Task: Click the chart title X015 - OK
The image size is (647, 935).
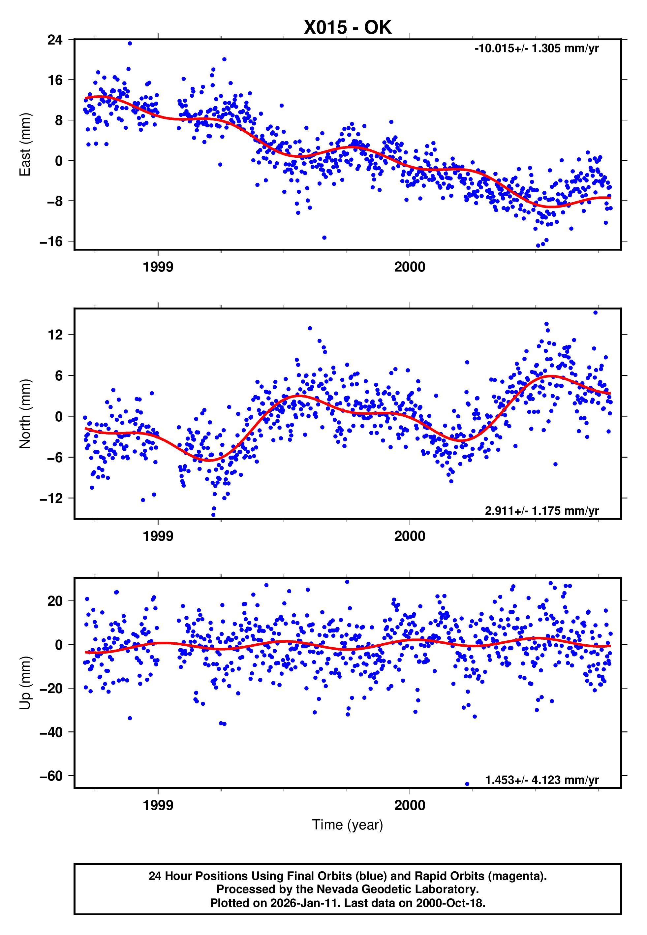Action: [x=348, y=28]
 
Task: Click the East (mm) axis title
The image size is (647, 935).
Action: [x=25, y=145]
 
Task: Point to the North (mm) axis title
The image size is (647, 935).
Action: [x=25, y=414]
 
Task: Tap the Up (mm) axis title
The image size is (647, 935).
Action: [x=25, y=683]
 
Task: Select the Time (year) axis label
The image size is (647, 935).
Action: [x=348, y=825]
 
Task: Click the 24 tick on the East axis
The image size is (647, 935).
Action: [x=55, y=40]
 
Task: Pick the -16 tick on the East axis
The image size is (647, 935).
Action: [x=51, y=242]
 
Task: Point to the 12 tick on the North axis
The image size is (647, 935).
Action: [x=55, y=335]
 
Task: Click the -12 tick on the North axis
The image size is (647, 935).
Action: [x=51, y=498]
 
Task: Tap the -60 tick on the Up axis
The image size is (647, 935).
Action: [x=51, y=776]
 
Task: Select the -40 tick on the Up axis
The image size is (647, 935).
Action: [x=51, y=732]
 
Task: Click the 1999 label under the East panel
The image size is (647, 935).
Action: [x=158, y=267]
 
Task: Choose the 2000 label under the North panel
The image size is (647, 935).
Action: [x=410, y=536]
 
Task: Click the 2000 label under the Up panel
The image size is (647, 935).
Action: [x=410, y=805]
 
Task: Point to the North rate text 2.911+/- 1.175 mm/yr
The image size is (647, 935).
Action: [x=541, y=511]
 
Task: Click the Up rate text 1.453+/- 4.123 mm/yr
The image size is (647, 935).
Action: [x=541, y=780]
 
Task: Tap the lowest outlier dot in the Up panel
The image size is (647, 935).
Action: [x=467, y=784]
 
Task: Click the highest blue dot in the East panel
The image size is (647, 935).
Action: [x=130, y=43]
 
